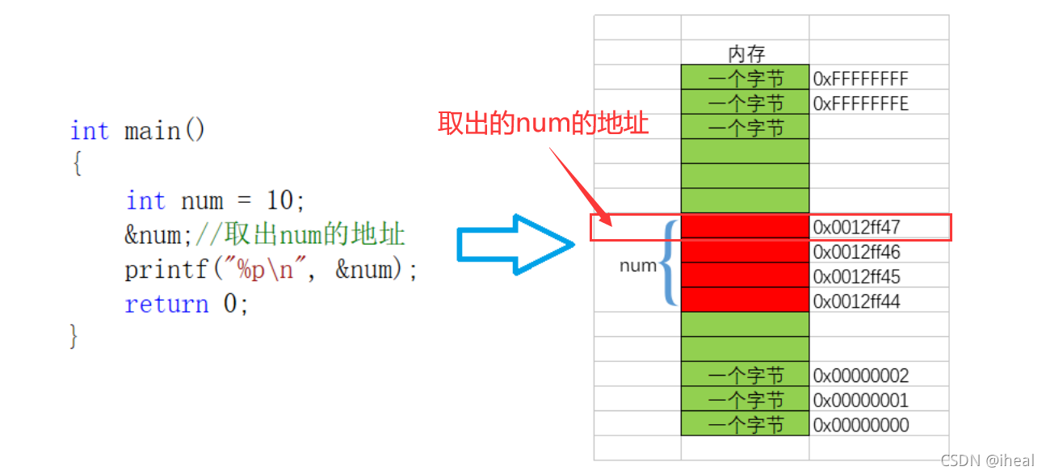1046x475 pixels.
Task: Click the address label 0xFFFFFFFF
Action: point(860,78)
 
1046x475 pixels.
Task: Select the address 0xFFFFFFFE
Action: point(860,103)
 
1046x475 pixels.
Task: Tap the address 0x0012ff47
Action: point(856,227)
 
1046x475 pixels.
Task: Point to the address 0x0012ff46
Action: point(856,252)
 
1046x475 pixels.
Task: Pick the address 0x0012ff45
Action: point(856,276)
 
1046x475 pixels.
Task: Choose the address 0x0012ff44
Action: point(856,301)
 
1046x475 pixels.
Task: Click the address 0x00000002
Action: point(860,376)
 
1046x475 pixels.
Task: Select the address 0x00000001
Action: point(860,400)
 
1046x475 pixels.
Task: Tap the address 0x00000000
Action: point(860,425)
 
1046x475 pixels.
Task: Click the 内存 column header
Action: point(746,54)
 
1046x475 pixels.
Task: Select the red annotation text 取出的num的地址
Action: point(543,124)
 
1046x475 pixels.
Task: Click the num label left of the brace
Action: point(638,265)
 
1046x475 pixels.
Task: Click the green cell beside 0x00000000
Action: point(745,425)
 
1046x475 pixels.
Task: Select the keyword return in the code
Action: point(166,305)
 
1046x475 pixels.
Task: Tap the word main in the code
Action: point(152,131)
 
